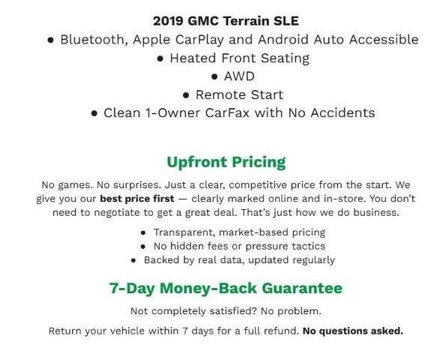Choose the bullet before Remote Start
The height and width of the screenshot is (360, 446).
(185, 95)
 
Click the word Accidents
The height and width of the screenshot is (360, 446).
(342, 113)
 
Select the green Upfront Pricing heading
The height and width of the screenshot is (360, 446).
(226, 161)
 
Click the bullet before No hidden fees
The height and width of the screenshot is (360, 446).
(144, 246)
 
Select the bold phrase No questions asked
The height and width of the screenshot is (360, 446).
(352, 330)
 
